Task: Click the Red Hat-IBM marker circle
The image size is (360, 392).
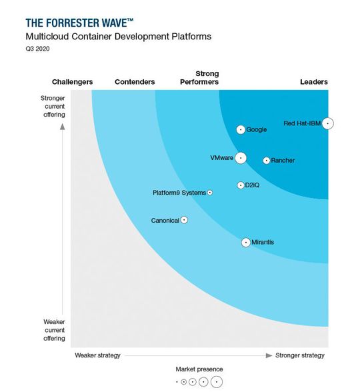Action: (327, 123)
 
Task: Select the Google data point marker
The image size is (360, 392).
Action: (241, 129)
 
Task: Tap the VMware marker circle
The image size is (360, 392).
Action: (240, 158)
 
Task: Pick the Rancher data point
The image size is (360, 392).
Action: (266, 160)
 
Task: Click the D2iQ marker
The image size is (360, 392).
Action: (240, 185)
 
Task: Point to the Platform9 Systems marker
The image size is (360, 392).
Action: (210, 193)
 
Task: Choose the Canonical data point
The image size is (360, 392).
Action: (184, 220)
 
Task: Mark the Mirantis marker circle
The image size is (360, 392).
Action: (245, 242)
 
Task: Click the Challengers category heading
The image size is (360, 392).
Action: (72, 82)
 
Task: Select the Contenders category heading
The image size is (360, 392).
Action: (135, 82)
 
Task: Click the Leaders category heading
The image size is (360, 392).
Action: (313, 82)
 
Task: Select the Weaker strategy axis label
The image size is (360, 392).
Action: (97, 355)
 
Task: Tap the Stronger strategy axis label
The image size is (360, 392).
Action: (300, 355)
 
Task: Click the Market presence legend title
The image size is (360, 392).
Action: (199, 369)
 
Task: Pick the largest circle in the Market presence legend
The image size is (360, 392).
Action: (216, 382)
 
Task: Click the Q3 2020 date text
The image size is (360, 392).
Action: (39, 49)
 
